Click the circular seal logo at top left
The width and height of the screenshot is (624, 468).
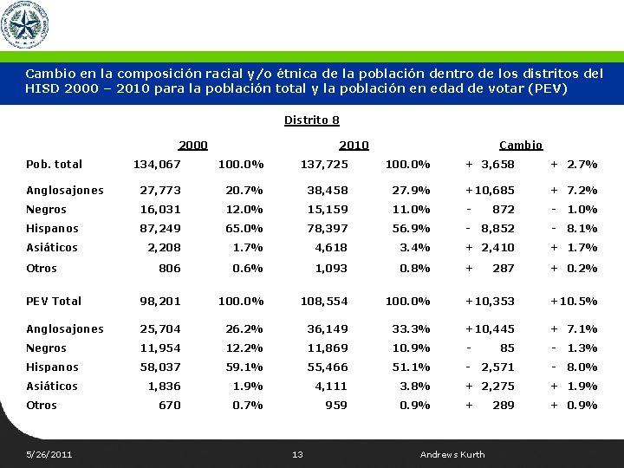coord(24,25)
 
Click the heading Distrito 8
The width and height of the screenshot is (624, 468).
coord(311,120)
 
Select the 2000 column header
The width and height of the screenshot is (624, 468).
coord(192,145)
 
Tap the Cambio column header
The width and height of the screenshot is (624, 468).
coord(521,145)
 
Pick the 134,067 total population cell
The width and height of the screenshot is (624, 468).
coord(157,164)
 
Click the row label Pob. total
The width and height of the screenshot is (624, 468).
coord(54,164)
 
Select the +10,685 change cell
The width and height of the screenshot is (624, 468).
coord(490,190)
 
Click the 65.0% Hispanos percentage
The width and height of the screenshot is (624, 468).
coord(244,228)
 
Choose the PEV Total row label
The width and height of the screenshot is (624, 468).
coord(54,301)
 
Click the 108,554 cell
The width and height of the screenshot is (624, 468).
coord(323,301)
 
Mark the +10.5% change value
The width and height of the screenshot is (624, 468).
coord(574,301)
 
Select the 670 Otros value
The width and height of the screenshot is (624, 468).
coord(169,405)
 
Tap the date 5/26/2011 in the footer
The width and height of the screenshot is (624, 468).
coord(49,454)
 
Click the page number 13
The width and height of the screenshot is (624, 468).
coord(297,454)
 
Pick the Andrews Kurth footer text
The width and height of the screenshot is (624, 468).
coord(452,454)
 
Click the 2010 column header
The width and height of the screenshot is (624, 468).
coord(354,145)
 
